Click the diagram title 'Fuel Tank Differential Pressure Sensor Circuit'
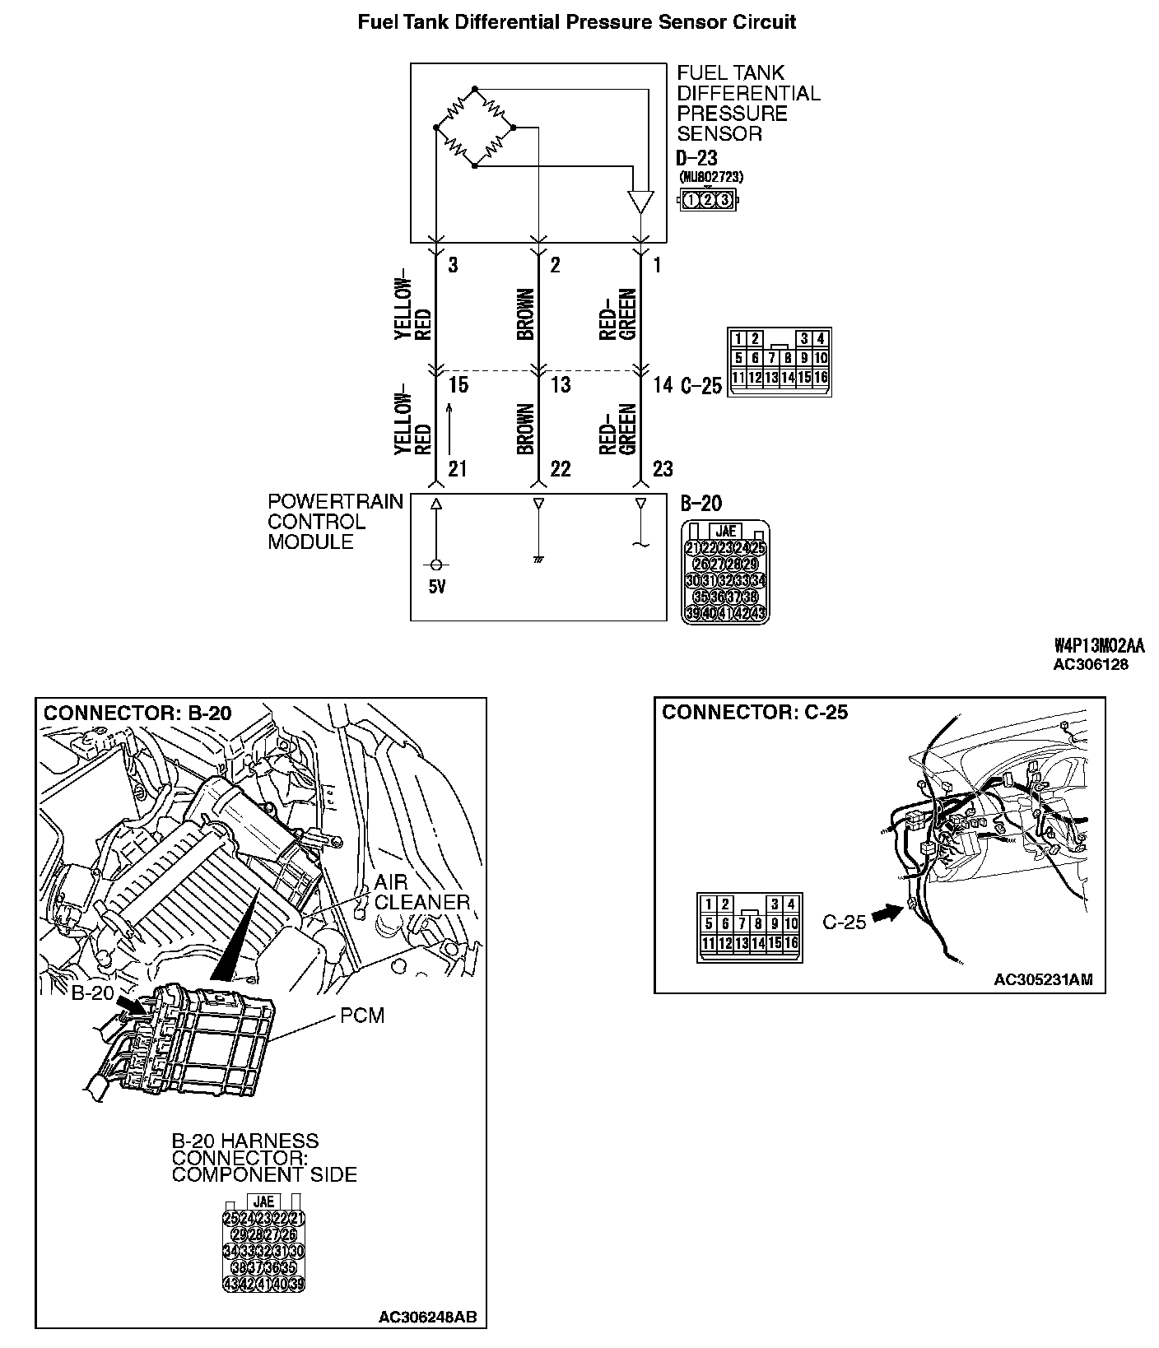point(576,22)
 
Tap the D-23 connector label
point(696,158)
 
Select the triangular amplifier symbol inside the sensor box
point(640,202)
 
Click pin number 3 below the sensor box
point(453,265)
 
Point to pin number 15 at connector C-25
point(458,384)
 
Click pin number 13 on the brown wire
point(561,384)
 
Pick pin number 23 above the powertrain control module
point(663,469)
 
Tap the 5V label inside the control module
point(436,588)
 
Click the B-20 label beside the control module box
point(701,504)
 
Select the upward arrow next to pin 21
point(449,428)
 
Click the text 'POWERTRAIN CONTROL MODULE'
point(335,522)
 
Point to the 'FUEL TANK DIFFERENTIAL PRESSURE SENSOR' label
point(747,104)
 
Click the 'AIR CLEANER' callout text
point(421,892)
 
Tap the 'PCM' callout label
point(362,1016)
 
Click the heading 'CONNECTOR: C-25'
point(755,712)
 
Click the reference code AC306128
point(1091,664)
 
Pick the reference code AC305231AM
point(1043,979)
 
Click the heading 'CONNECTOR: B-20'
point(137,713)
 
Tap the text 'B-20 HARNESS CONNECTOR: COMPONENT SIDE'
point(264,1158)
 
